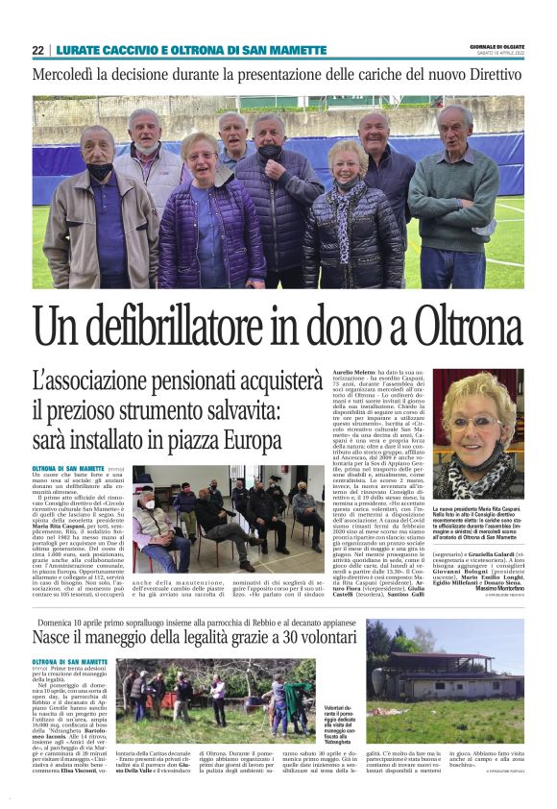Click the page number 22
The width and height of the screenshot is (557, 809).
pyautogui.click(x=37, y=50)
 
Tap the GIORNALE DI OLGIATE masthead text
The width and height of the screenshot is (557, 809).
pyautogui.click(x=496, y=46)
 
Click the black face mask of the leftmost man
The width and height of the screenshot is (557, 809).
pyautogui.click(x=100, y=171)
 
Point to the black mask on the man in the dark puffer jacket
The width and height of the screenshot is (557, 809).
pyautogui.click(x=271, y=151)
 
